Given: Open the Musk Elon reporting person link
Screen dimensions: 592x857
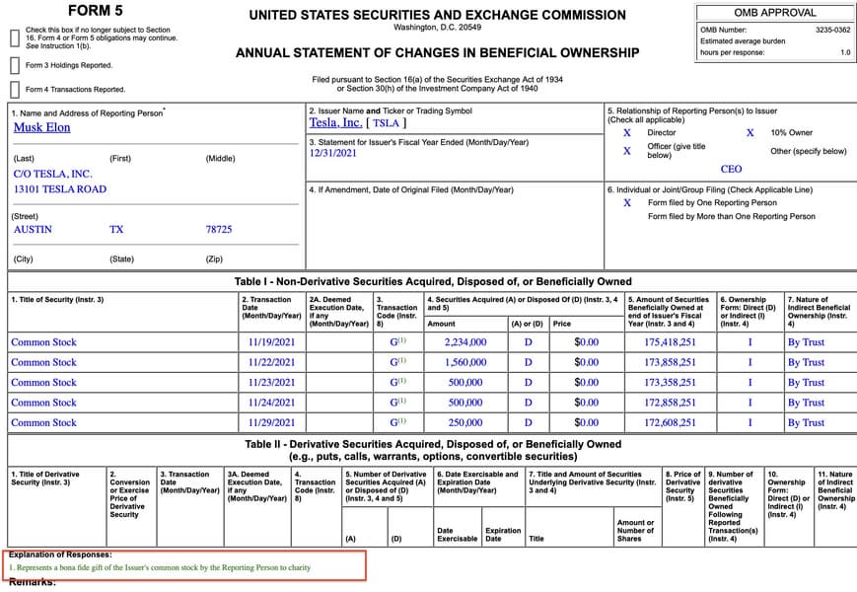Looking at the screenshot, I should [x=42, y=127].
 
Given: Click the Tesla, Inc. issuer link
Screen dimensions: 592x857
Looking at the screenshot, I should [x=335, y=123].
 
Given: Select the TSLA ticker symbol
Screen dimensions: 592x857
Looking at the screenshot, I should [x=386, y=123].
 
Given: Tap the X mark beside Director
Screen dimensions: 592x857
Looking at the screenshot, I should [x=627, y=132].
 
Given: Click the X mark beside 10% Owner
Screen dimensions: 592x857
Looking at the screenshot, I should [x=750, y=132].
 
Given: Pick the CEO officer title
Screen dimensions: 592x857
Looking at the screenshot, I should [x=731, y=170].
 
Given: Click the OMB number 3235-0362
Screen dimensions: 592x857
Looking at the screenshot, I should [x=832, y=31].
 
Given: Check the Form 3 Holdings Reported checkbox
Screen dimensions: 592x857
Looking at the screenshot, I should [x=15, y=65].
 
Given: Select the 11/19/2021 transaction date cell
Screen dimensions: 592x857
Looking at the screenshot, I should [x=272, y=342].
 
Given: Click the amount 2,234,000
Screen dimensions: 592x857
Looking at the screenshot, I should [x=465, y=342].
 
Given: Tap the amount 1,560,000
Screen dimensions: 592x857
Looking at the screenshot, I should [x=465, y=362].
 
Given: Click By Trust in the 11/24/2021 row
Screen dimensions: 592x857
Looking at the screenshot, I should [x=806, y=403].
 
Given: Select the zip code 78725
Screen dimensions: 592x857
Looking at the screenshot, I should [x=219, y=229].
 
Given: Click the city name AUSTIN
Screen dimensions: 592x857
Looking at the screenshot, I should [x=33, y=229].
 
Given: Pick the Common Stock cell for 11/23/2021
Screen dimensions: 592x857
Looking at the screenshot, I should [x=43, y=383].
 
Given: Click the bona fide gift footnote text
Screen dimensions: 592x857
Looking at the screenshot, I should [x=160, y=568].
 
